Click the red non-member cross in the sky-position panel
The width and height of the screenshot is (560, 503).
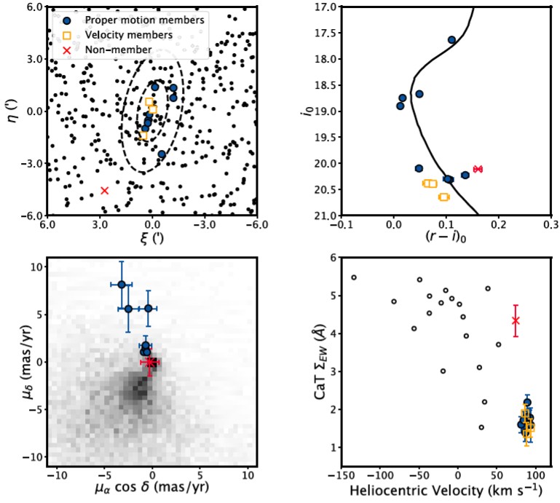point(104,190)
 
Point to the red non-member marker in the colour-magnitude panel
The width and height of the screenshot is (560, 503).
point(478,169)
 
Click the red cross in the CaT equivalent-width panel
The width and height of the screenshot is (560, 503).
point(516,320)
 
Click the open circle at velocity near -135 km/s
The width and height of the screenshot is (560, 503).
point(354,277)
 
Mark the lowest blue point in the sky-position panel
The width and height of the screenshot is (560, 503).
point(161,154)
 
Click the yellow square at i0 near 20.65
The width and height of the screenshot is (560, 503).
point(443,197)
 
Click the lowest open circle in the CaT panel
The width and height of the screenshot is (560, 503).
point(481,427)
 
